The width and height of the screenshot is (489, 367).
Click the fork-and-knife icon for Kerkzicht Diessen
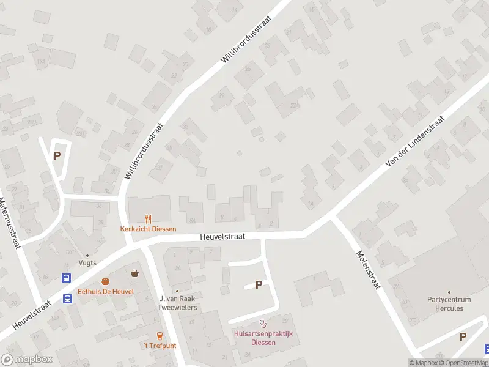point(148,218)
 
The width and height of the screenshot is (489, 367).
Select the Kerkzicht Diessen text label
point(148,229)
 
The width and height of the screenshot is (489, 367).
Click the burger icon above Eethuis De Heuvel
point(106,281)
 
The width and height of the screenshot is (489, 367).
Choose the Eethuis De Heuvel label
point(106,292)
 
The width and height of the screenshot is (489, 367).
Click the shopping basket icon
point(134,272)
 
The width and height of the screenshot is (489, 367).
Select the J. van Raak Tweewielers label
point(178,303)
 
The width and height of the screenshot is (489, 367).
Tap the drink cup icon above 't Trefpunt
point(160,335)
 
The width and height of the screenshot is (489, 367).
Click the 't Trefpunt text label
point(160,346)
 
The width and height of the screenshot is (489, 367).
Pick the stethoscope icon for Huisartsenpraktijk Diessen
point(263,324)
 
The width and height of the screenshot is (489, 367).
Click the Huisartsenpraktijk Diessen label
point(263,338)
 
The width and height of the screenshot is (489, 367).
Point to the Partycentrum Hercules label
point(449,303)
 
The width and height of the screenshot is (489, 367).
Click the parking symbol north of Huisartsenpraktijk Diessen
point(259,284)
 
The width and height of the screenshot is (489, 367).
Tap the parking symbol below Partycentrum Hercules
point(463,336)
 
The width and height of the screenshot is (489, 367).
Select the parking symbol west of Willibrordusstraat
point(57,155)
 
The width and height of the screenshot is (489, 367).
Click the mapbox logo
point(27,360)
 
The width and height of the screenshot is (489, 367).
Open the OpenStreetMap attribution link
point(463,363)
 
